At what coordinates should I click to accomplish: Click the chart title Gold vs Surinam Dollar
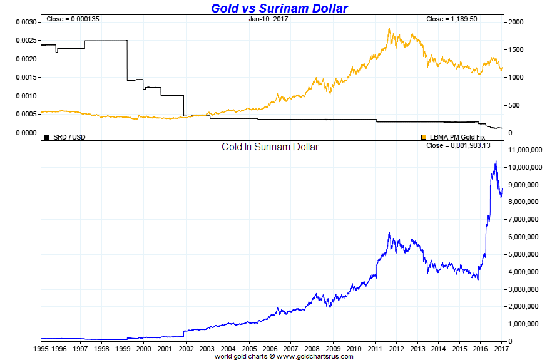[x=278, y=8]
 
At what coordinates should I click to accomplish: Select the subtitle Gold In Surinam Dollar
[x=270, y=147]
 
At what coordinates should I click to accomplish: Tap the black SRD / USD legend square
[x=47, y=136]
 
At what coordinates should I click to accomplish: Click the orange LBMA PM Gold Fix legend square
[x=424, y=136]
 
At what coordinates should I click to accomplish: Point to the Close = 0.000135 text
[x=73, y=19]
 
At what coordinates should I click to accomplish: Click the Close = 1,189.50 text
[x=452, y=19]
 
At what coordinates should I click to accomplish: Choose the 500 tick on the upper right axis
[x=514, y=105]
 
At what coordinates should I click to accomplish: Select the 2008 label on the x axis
[x=312, y=348]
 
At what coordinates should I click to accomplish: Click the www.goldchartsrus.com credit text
[x=310, y=356]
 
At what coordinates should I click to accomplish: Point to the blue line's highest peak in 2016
[x=496, y=161]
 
